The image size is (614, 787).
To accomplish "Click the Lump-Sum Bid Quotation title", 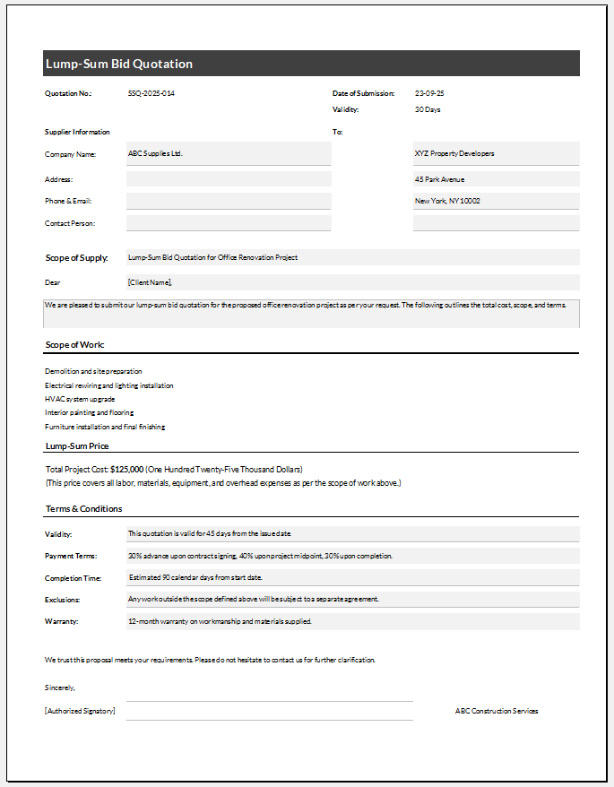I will (118, 64).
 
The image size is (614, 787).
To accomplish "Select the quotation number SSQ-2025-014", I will (151, 93).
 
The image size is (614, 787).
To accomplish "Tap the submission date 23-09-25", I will (429, 93).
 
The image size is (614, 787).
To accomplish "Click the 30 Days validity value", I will (428, 109).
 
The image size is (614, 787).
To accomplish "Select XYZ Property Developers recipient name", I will (454, 153).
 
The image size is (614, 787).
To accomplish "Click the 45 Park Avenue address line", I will (439, 179).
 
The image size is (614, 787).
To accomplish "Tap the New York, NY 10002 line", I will (447, 201).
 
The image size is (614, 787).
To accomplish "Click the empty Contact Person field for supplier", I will (229, 223).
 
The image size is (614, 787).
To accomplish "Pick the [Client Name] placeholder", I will (150, 282).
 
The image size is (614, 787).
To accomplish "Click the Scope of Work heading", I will (74, 344).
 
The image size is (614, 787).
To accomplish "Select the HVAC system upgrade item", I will (80, 399).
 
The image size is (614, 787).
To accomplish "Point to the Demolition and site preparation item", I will (93, 371).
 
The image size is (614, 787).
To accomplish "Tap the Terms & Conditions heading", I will (83, 509).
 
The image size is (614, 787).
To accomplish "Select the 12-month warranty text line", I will (220, 621).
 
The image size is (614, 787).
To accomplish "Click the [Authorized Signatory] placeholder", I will (80, 711).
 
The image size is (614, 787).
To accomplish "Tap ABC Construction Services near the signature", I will (497, 711).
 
